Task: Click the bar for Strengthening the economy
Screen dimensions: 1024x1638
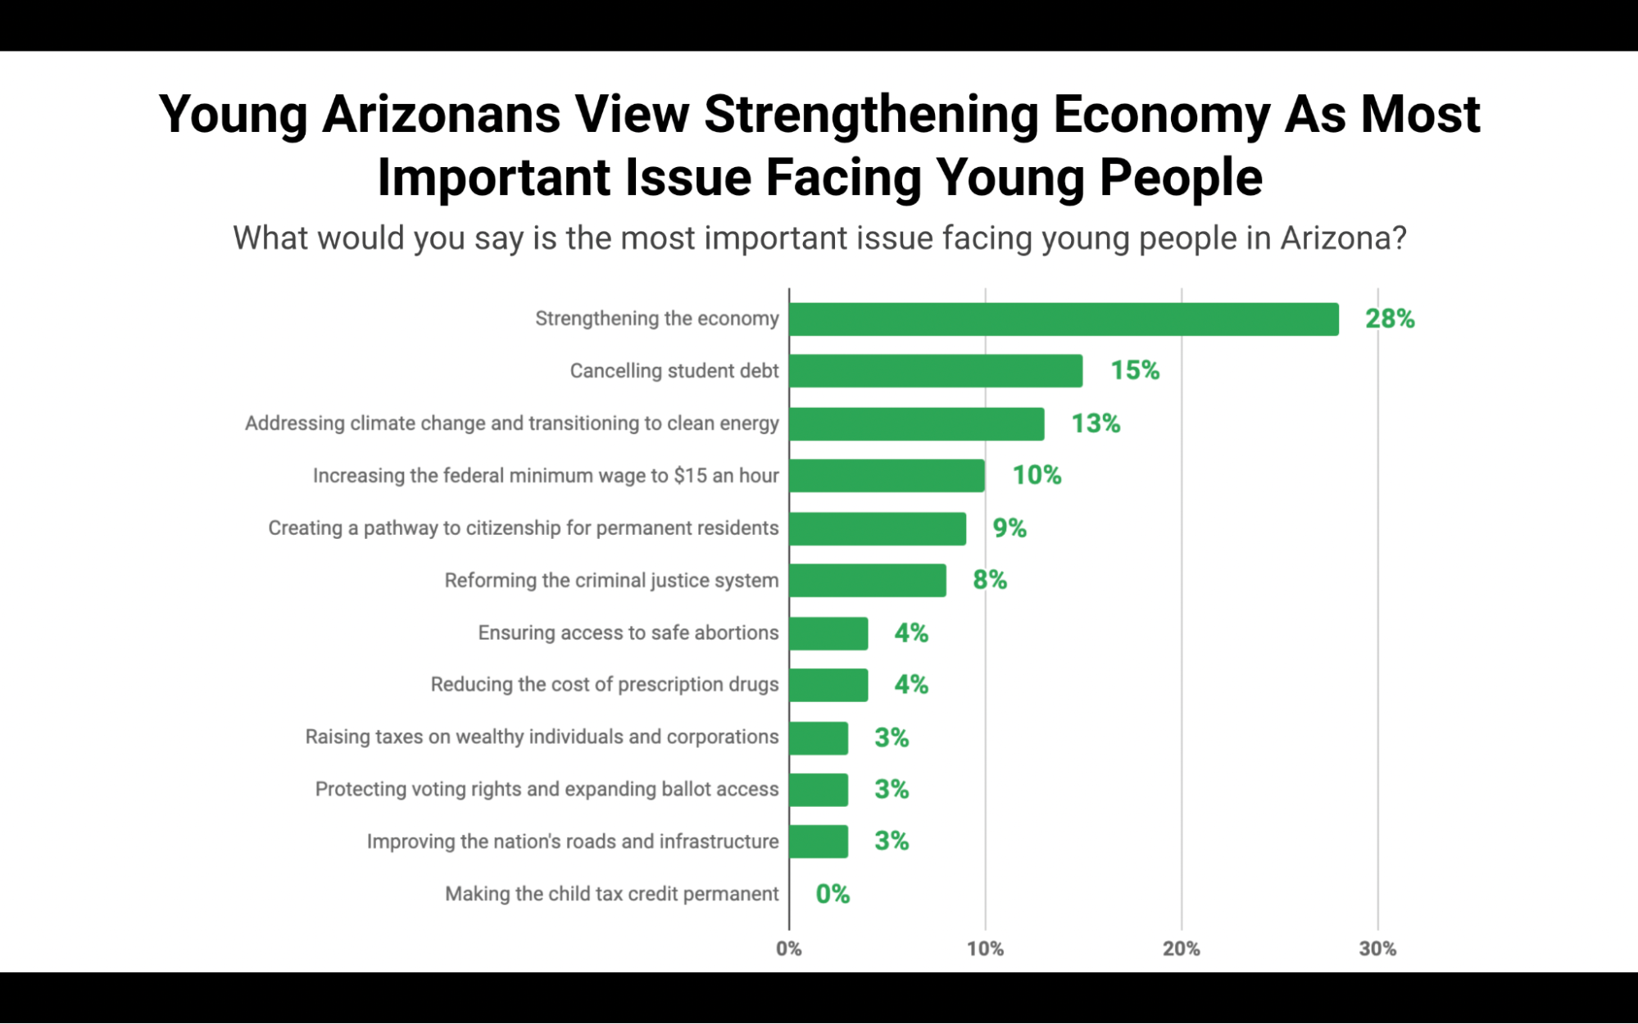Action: coord(1064,319)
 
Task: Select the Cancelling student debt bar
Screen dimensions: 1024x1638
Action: coord(936,371)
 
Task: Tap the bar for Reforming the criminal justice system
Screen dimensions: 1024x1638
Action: coord(868,581)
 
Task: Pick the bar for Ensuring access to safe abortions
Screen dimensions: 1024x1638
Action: coord(828,633)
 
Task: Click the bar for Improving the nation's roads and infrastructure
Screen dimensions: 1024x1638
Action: coord(819,841)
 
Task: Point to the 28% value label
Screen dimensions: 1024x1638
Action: coord(1390,319)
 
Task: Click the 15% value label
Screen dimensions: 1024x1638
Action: coord(1135,371)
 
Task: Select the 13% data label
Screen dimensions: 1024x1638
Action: coord(1096,424)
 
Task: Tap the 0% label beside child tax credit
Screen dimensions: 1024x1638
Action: coord(833,894)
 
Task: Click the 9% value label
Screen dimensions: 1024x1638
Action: coord(1010,528)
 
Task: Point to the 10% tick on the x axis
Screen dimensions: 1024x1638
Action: coord(985,949)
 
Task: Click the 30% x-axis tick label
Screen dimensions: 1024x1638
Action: coord(1377,949)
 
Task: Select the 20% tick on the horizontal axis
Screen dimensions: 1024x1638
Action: coord(1182,949)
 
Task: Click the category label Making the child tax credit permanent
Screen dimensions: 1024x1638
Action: coord(611,894)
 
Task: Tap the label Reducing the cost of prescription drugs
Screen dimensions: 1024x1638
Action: coord(605,685)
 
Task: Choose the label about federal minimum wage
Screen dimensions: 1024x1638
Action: coord(546,476)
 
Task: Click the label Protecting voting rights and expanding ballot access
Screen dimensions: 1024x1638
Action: coord(547,789)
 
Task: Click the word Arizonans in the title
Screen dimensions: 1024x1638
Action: coord(441,114)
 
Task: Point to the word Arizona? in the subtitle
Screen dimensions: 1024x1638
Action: coord(1343,238)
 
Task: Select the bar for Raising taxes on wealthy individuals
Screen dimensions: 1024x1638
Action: coord(819,738)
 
